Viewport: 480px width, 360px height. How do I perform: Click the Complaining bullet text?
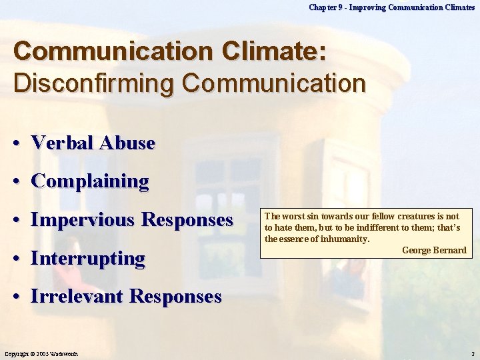point(90,181)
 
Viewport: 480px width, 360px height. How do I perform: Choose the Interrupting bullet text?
point(87,258)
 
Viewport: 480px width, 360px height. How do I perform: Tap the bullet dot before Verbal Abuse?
point(20,143)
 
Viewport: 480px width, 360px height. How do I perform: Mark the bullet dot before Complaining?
point(20,181)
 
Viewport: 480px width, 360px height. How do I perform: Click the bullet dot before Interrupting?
point(20,259)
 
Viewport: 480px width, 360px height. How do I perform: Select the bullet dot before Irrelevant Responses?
point(20,297)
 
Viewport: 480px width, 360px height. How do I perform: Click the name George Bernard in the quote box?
point(434,251)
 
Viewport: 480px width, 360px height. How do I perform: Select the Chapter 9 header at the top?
point(391,7)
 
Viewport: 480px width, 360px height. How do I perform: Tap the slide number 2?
point(472,353)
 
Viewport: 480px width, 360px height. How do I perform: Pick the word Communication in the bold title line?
point(91,52)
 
